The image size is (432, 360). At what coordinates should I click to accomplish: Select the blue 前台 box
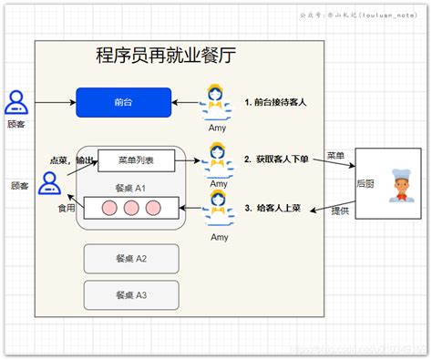(x=123, y=102)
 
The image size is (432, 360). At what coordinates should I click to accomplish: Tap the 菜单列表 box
(x=136, y=160)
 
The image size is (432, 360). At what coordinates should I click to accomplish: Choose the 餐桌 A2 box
(x=129, y=258)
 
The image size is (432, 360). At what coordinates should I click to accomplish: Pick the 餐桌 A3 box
(x=129, y=294)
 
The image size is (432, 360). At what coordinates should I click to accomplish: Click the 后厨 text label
(x=367, y=184)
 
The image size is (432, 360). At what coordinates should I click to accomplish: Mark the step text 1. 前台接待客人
(x=275, y=102)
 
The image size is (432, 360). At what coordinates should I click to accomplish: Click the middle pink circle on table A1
(x=130, y=208)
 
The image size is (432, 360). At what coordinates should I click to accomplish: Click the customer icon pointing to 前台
(x=16, y=102)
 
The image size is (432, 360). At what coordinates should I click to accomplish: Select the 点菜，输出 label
(x=71, y=160)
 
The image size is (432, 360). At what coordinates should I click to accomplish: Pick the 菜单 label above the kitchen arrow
(x=336, y=156)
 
